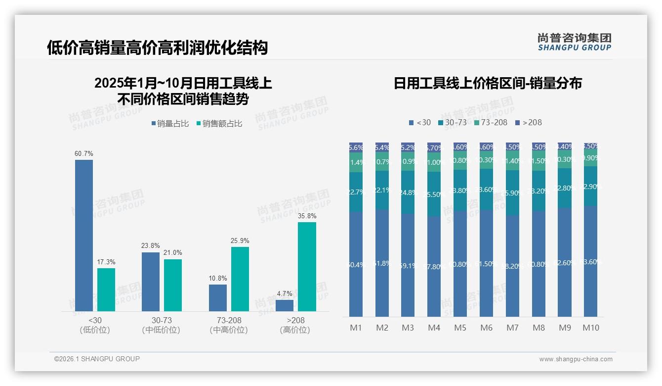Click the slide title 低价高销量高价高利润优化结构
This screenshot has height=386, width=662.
coord(157,48)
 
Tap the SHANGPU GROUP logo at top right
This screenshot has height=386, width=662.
coord(574,42)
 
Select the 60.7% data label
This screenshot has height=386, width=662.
coord(83,154)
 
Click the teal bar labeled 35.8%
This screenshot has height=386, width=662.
coord(307,267)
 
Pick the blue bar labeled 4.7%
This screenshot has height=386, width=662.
coord(285,305)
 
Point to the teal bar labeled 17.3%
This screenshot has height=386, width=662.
coord(106,289)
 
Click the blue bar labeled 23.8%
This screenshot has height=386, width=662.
coord(151,282)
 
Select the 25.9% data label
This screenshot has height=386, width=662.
coord(240,241)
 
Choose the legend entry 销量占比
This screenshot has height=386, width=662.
coord(169,124)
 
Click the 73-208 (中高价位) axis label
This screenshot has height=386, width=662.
coord(228,325)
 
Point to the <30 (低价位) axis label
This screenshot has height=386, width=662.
coord(94,325)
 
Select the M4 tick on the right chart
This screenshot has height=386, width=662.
coord(434,328)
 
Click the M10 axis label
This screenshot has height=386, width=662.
coord(590,328)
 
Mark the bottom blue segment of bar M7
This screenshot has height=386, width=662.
coord(512,266)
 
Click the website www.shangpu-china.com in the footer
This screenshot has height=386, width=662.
coord(576,359)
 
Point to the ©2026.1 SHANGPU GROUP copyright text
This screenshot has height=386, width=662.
coord(97,359)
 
